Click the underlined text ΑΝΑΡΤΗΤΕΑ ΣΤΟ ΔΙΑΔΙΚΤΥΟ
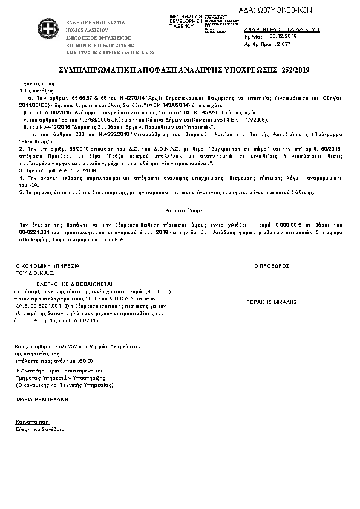[282, 29]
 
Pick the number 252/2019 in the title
[287, 71]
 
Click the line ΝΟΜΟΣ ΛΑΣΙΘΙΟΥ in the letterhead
[88, 29]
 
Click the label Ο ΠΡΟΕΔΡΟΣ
[272, 265]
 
